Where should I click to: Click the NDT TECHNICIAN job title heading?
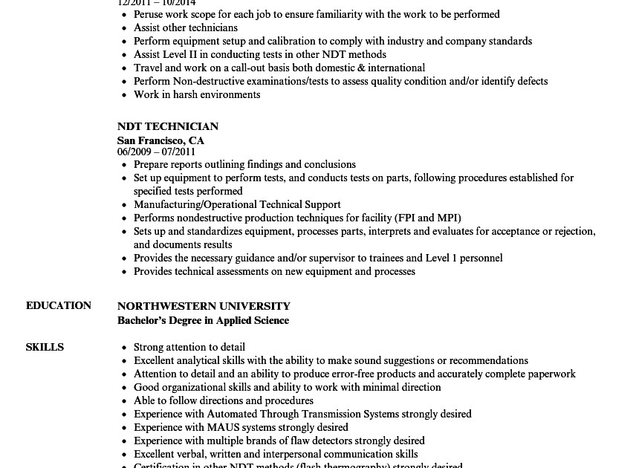point(167,126)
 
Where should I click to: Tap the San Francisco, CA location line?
point(160,140)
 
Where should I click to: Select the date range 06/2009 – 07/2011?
point(156,152)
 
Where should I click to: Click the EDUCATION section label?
point(59,305)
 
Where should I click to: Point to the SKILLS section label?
point(45,347)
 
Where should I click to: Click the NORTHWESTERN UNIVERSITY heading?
point(204,306)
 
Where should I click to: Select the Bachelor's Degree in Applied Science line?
point(203,320)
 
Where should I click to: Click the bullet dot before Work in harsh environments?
point(124,95)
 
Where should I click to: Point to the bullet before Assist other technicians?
point(124,28)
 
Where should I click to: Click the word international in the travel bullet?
point(396,68)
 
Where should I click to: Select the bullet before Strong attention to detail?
point(124,348)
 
